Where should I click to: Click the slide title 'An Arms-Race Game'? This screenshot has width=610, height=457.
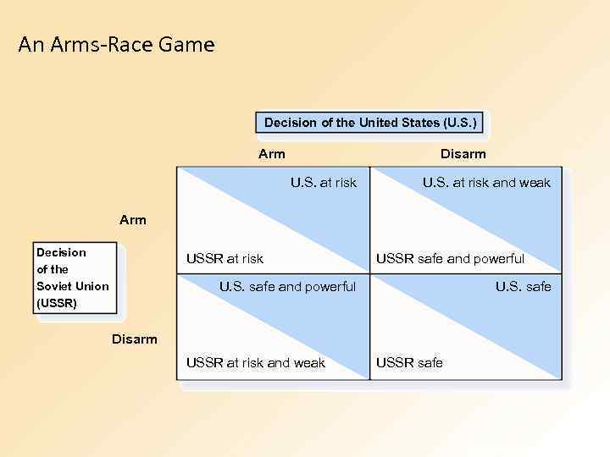click(116, 44)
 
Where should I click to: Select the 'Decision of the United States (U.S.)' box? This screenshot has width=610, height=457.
click(371, 123)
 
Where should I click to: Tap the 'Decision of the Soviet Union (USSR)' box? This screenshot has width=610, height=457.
click(74, 278)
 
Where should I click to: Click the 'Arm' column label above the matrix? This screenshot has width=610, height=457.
click(272, 153)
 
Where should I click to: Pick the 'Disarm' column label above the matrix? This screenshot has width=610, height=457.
click(463, 153)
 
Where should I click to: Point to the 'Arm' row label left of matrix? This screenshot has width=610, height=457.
click(133, 220)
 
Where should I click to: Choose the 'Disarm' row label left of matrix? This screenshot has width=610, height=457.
click(135, 339)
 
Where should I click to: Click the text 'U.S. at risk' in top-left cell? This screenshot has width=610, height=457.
click(324, 182)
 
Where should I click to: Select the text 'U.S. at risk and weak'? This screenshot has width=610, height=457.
click(486, 182)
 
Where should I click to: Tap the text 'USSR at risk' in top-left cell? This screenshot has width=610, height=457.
click(225, 258)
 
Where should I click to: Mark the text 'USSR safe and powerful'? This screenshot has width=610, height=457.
click(450, 258)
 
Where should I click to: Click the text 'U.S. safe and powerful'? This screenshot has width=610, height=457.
click(287, 286)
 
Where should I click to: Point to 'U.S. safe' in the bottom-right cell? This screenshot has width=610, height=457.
click(523, 286)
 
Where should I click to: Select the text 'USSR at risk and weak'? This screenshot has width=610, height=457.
click(255, 362)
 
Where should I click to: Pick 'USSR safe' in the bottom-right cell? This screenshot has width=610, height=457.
click(409, 362)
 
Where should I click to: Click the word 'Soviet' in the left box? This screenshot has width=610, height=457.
click(53, 286)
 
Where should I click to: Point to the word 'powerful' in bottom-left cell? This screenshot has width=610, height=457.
click(331, 286)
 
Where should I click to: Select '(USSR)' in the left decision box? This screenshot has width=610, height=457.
click(57, 302)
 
